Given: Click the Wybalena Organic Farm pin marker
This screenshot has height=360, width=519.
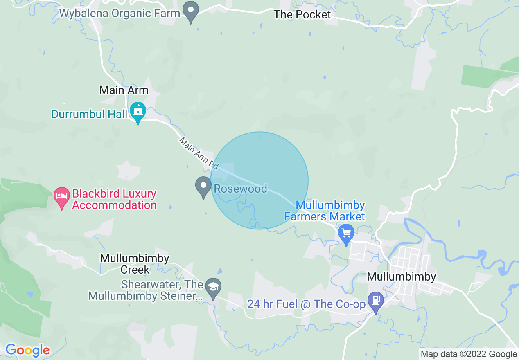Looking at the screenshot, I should [x=190, y=11].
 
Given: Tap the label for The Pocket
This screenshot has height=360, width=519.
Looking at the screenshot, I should [x=302, y=15].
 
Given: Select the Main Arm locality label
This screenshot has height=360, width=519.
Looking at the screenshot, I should [x=124, y=90].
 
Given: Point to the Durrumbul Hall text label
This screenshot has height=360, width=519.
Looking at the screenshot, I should [x=89, y=114].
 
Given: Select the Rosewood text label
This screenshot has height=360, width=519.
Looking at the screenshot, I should [x=241, y=189].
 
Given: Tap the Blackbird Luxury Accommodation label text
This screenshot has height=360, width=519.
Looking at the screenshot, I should [x=114, y=199].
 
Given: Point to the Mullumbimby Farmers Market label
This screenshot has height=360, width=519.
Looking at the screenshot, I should [x=330, y=211].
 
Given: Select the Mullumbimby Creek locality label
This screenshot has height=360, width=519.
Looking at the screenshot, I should [x=135, y=264].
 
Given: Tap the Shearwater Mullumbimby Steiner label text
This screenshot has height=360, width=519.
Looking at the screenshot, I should [x=146, y=290].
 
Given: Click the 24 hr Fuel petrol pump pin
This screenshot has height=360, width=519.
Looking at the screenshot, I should [x=375, y=301].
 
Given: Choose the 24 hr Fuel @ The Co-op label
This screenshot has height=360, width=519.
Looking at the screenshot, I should [x=306, y=304].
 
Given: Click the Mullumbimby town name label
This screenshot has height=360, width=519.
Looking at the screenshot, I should [x=401, y=277].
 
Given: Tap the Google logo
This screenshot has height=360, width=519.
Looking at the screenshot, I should [x=27, y=350].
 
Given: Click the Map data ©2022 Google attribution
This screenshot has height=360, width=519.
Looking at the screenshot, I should [x=469, y=354].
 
